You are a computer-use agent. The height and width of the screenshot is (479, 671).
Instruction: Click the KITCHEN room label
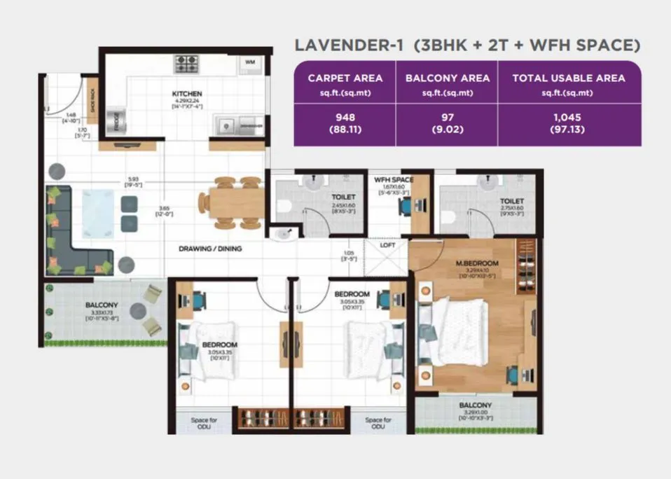pyautogui.click(x=187, y=93)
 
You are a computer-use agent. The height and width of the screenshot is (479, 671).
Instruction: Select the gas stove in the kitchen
pyautogui.click(x=186, y=64)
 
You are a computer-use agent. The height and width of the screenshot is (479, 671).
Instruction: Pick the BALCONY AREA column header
pyautogui.click(x=447, y=78)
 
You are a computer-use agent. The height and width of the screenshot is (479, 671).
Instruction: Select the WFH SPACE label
pyautogui.click(x=394, y=179)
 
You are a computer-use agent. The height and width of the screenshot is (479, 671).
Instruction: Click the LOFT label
pyautogui.click(x=388, y=245)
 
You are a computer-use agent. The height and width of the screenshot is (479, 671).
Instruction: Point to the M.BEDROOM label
pyautogui.click(x=476, y=263)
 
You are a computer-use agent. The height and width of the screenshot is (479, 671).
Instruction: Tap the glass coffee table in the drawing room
pyautogui.click(x=97, y=212)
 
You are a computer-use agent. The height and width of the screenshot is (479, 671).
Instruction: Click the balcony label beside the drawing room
pyautogui.click(x=102, y=305)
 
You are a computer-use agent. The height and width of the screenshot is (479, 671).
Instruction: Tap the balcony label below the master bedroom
pyautogui.click(x=475, y=405)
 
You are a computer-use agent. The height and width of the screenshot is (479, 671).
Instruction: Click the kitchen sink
pyautogui.click(x=227, y=125)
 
